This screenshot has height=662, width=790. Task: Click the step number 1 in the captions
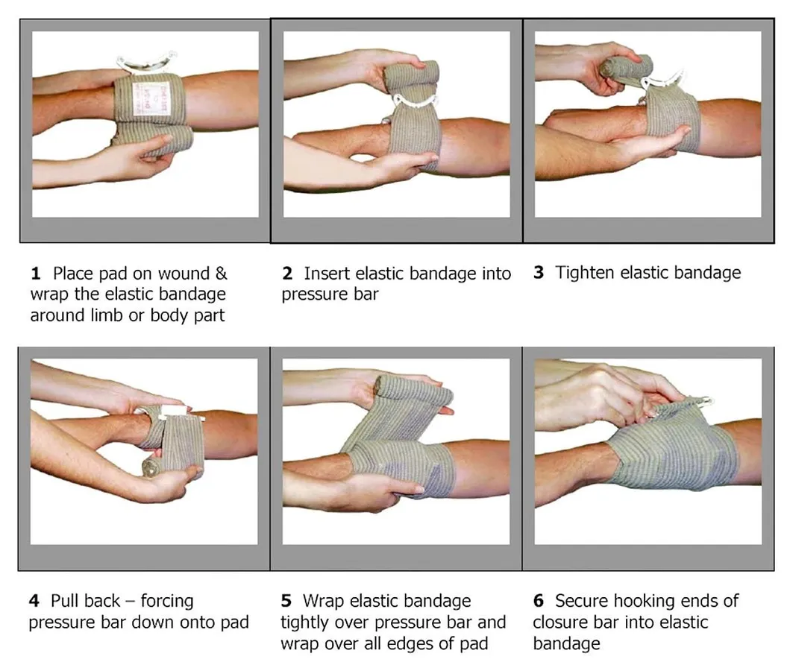pyautogui.click(x=35, y=274)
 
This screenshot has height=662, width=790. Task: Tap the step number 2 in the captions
pyautogui.click(x=287, y=274)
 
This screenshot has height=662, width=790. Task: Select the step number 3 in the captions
pyautogui.click(x=539, y=273)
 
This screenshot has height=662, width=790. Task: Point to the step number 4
pyautogui.click(x=34, y=601)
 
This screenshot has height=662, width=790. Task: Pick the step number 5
pyautogui.click(x=286, y=601)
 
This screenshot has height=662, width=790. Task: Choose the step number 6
pyautogui.click(x=539, y=601)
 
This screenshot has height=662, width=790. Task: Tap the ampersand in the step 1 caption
pyautogui.click(x=221, y=274)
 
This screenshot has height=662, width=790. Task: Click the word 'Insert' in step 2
pyautogui.click(x=327, y=274)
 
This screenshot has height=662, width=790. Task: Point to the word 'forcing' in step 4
pyautogui.click(x=167, y=602)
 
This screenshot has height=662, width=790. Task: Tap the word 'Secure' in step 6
pyautogui.click(x=580, y=601)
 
